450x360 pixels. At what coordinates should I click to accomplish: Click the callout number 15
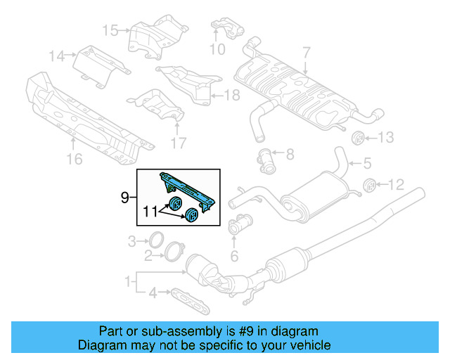point(110,30)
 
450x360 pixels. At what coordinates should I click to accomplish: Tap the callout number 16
point(74,160)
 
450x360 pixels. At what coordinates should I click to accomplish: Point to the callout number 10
point(217,49)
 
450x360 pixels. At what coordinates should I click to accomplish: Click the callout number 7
point(306,52)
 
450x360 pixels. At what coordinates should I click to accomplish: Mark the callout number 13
point(387,137)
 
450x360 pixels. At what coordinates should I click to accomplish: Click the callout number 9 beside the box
point(124,198)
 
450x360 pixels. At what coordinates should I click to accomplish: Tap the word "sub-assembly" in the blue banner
point(207,331)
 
